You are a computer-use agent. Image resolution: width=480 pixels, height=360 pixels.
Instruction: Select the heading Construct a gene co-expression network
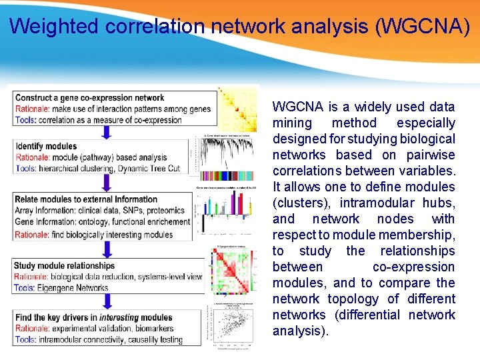[x=90, y=98]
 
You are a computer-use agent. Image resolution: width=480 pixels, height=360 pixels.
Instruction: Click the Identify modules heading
[x=46, y=146]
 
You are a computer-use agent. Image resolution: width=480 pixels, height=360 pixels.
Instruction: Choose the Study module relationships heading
[x=65, y=266]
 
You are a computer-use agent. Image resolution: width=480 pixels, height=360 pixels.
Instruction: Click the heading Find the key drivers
[x=56, y=317]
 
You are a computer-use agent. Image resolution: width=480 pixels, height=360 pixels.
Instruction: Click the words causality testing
[x=157, y=339]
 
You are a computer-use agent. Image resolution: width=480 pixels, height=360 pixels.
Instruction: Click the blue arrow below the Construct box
[x=106, y=132]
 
